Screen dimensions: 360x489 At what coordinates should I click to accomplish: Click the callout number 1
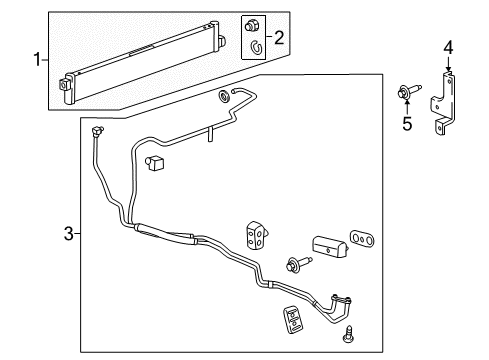coord(37,59)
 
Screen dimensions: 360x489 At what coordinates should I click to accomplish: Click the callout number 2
coord(279,38)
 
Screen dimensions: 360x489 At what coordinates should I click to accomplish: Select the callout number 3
coord(69,233)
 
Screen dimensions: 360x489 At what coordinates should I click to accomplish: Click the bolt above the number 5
coord(411,93)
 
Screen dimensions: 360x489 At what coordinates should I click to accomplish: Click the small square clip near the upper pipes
coord(154,162)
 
